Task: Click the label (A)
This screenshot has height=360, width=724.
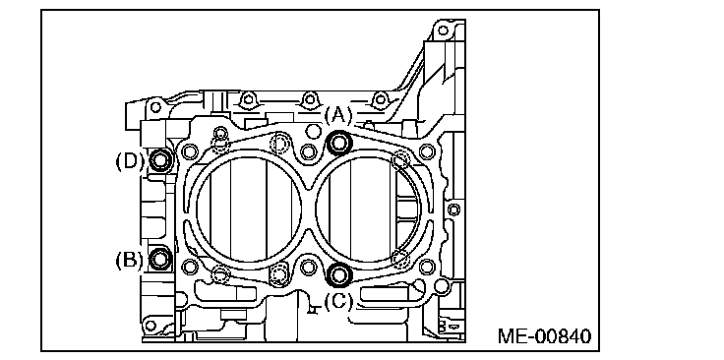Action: pos(338,114)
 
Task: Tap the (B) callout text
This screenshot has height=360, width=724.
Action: pos(129,260)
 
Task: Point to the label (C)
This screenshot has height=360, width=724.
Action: pos(338,301)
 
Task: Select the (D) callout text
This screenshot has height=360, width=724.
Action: pos(130,161)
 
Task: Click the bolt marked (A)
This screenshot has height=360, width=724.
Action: pos(339,143)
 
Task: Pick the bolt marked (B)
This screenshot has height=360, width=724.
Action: pos(159,259)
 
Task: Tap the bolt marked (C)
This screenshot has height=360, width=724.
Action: pos(339,275)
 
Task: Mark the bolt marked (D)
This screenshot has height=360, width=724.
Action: pos(159,160)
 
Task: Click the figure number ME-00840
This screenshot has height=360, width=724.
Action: pos(544,336)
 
